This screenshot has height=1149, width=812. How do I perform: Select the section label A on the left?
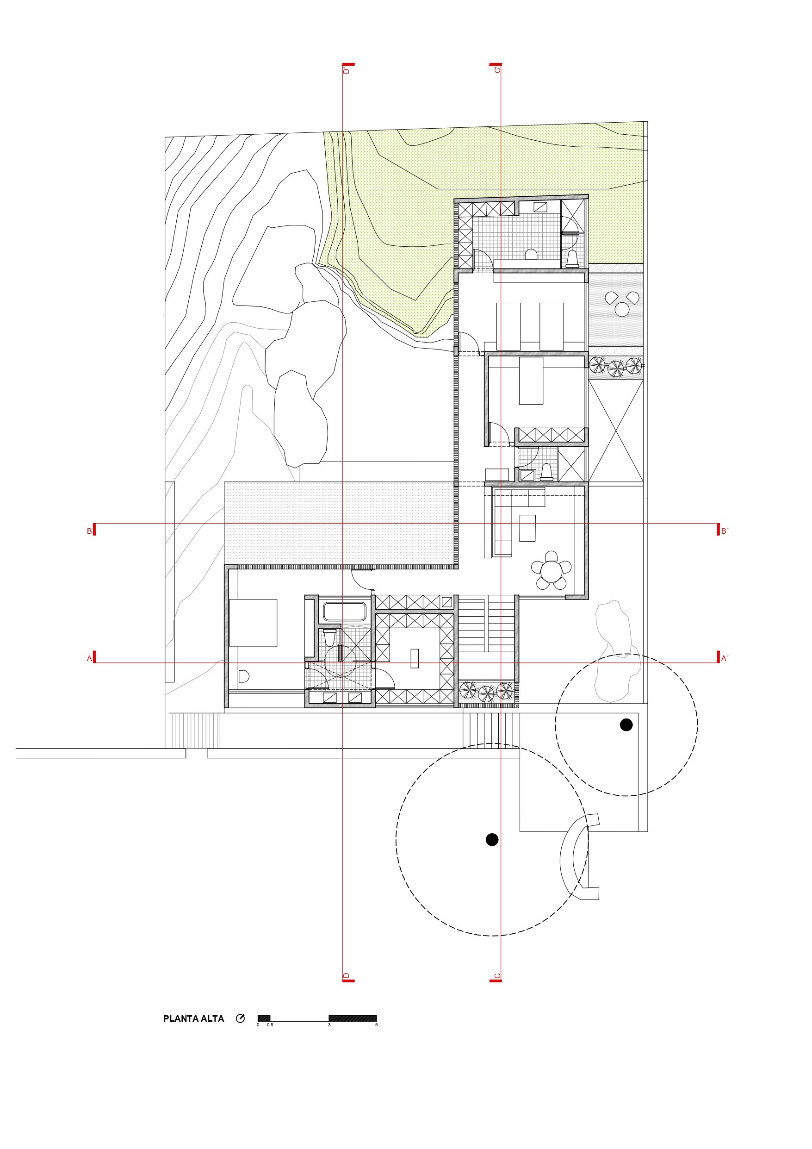(x=90, y=659)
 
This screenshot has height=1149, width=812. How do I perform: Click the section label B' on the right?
(x=724, y=531)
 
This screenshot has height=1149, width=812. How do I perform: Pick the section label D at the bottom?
(x=346, y=976)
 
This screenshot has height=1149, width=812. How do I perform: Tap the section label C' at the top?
(x=497, y=69)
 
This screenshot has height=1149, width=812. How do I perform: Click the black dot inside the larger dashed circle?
(x=492, y=840)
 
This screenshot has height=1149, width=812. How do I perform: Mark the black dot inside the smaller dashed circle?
(x=626, y=724)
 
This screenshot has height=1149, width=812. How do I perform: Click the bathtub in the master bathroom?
(x=345, y=612)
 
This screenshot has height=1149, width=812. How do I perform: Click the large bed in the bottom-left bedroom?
(x=253, y=623)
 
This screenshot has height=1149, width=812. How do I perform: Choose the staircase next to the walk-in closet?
(x=486, y=624)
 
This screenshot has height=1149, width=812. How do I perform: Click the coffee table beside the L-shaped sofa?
(x=527, y=528)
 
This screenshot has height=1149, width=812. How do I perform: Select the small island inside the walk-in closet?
(x=414, y=658)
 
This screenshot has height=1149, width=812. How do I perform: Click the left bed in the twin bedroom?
(x=508, y=326)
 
